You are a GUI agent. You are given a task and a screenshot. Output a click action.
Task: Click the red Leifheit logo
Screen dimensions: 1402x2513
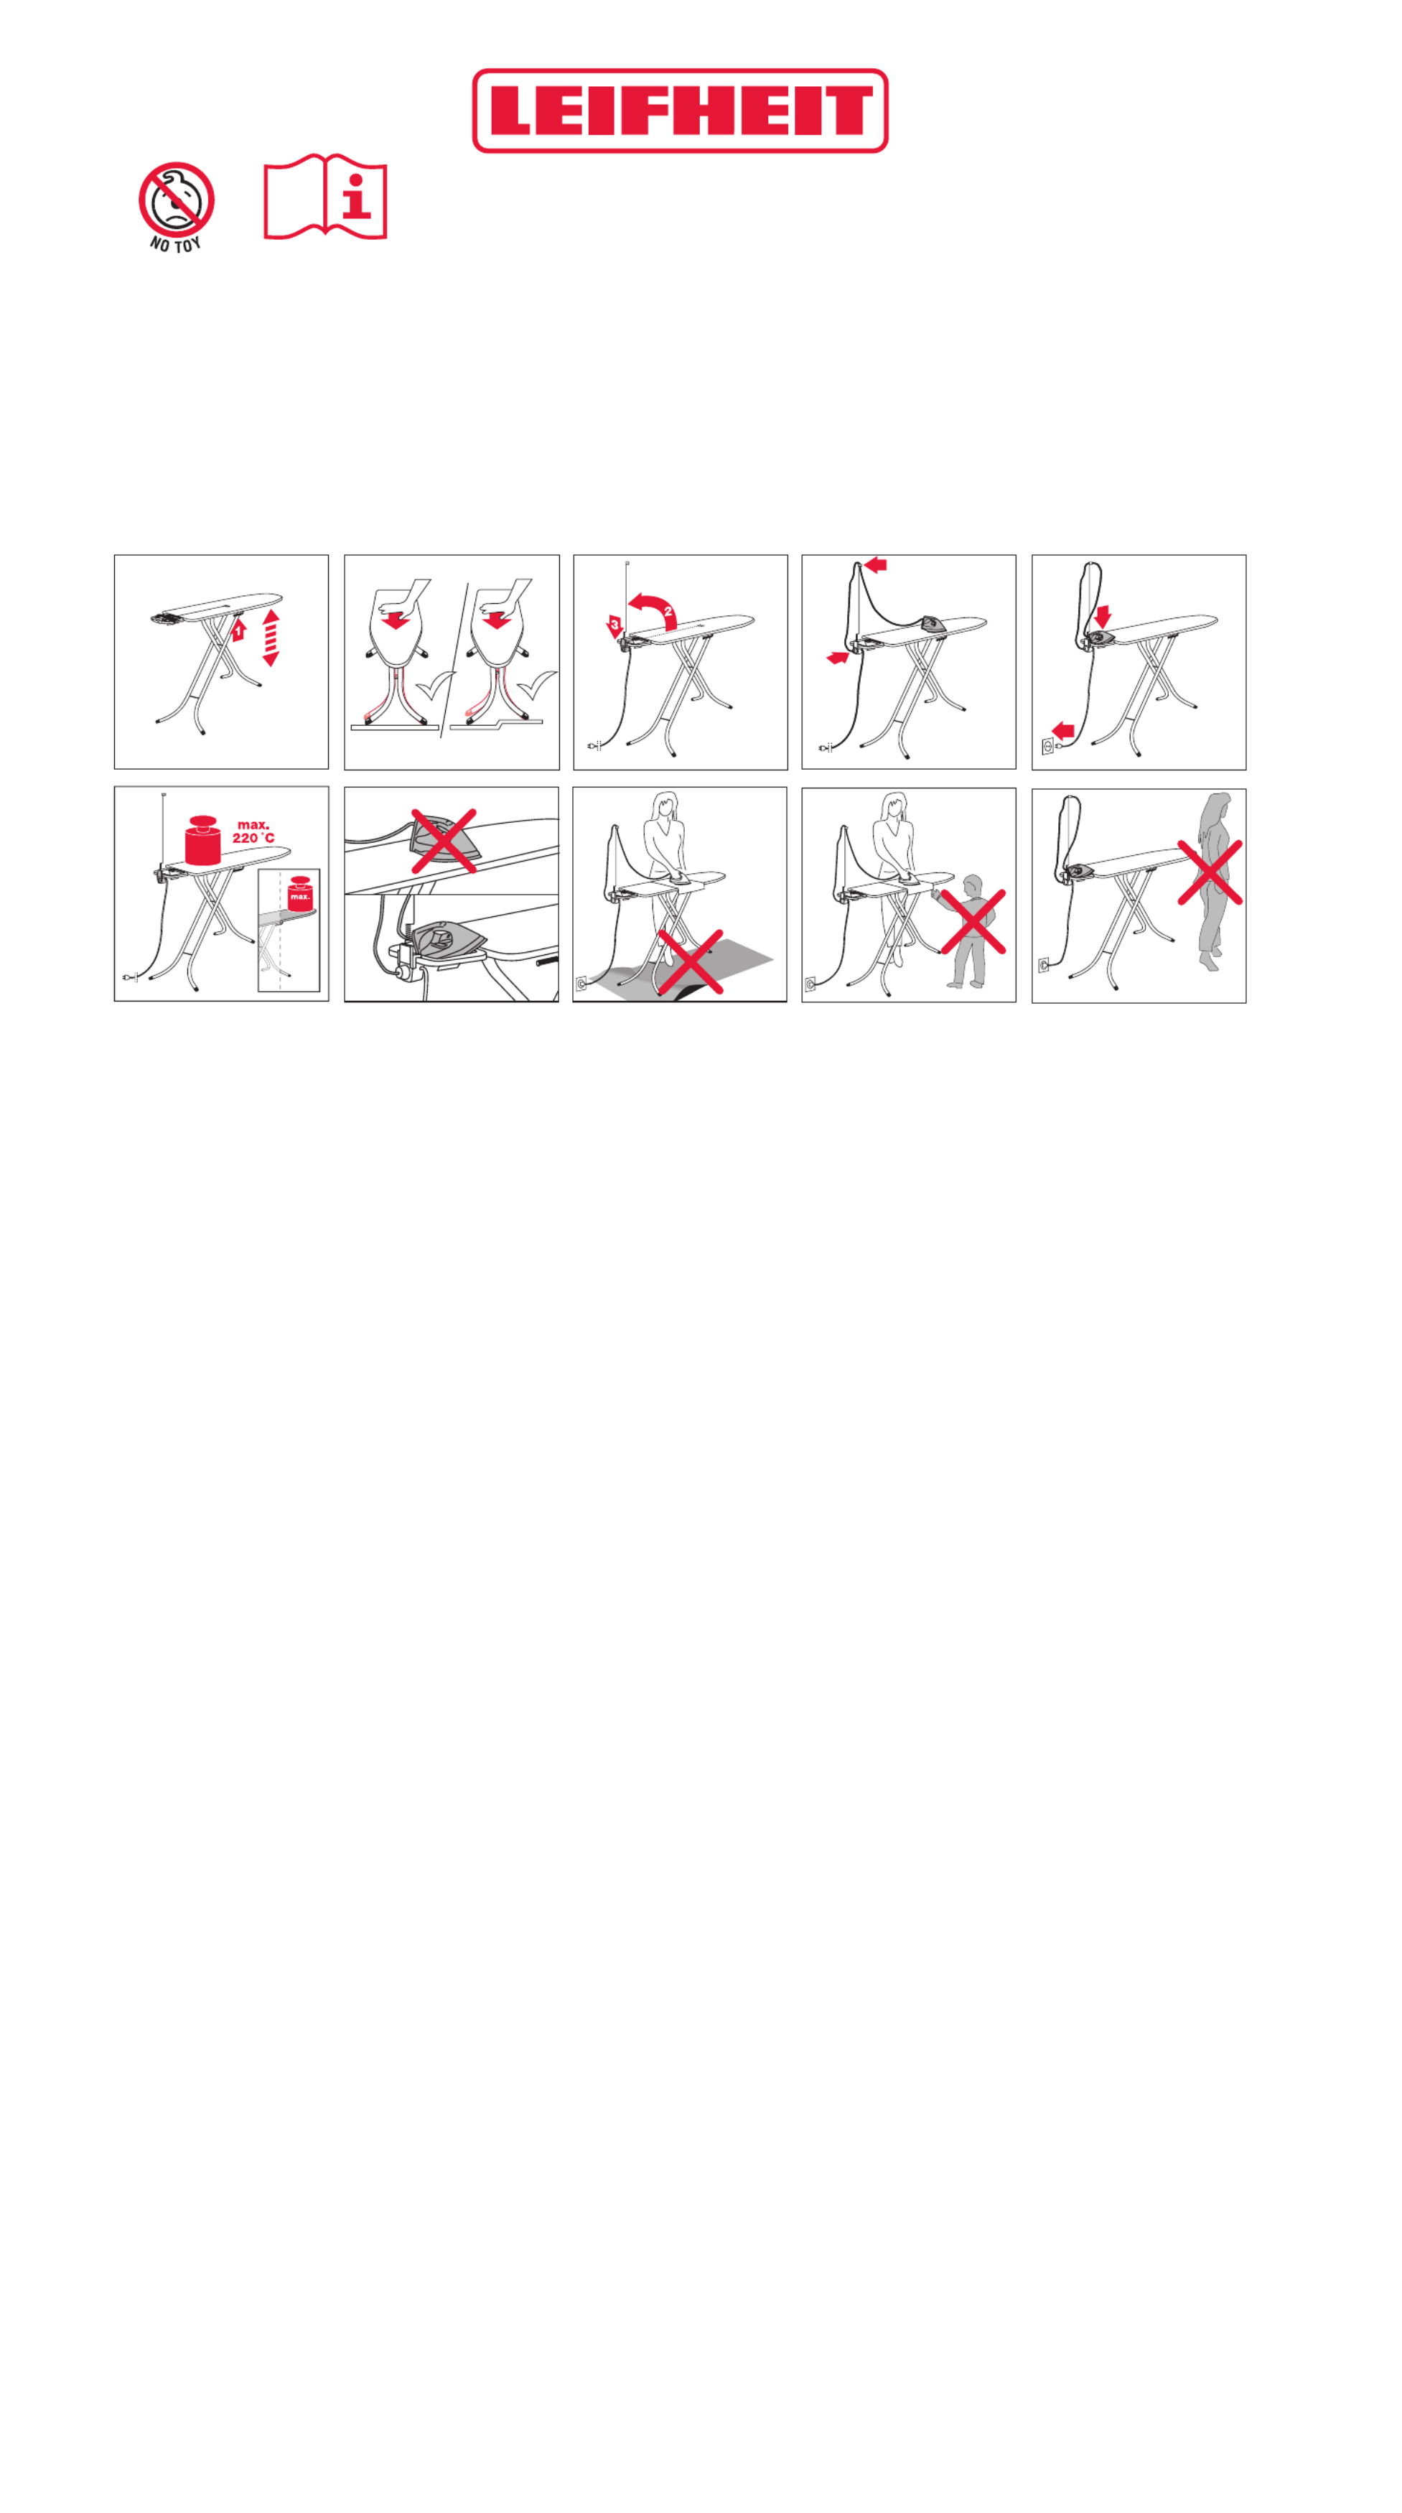pyautogui.click(x=679, y=111)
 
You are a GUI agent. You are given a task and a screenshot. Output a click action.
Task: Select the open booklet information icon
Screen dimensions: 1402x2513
pyautogui.click(x=325, y=196)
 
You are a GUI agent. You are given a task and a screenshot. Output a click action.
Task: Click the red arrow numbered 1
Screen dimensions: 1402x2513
pyautogui.click(x=238, y=630)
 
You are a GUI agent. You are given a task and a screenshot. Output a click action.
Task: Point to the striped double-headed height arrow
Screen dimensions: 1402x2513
pyautogui.click(x=271, y=638)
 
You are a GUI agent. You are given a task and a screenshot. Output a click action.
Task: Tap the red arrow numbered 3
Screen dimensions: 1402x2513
pyautogui.click(x=614, y=626)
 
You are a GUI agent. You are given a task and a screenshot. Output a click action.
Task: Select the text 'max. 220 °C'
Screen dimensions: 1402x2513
pyautogui.click(x=253, y=831)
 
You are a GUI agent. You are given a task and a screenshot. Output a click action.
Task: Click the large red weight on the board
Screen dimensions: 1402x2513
pyautogui.click(x=203, y=840)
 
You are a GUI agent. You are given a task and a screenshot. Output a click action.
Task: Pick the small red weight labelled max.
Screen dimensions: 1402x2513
pyautogui.click(x=299, y=892)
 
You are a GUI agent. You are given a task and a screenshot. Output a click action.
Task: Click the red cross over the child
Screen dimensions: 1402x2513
pyautogui.click(x=973, y=921)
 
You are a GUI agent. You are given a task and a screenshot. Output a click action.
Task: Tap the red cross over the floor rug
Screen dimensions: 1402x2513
pyautogui.click(x=690, y=961)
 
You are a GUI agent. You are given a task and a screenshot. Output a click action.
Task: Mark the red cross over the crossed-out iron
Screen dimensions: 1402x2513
pyautogui.click(x=444, y=840)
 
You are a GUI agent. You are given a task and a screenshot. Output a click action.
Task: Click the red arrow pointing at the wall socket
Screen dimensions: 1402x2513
pyautogui.click(x=1062, y=729)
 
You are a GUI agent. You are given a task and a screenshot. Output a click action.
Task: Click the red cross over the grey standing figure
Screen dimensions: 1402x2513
pyautogui.click(x=1210, y=872)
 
